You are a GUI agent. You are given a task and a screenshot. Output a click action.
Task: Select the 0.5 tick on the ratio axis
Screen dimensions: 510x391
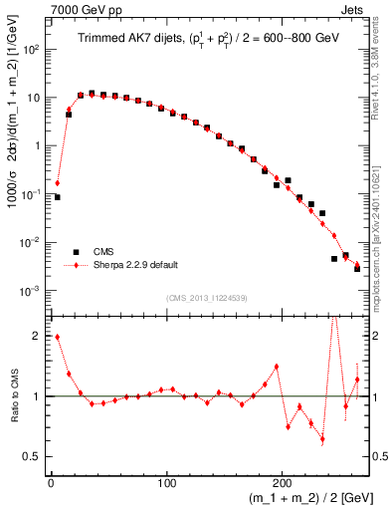(35, 457)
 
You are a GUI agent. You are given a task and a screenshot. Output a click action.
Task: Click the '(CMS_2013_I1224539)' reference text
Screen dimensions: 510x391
(206, 298)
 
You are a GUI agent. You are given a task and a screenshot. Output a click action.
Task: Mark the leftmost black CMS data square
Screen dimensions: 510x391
(57, 197)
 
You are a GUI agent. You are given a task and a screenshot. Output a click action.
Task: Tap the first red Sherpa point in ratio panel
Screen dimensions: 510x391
(57, 337)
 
